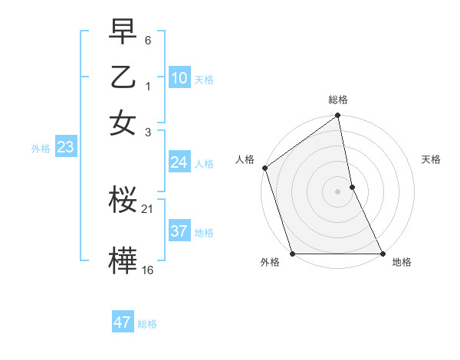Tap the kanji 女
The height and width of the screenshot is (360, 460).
pos(123,123)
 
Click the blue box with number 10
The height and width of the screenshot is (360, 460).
pos(179,78)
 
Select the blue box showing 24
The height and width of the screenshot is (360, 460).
pos(179,162)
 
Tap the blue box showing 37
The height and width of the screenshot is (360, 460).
pos(179,231)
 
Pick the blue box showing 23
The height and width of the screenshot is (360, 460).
pos(65,148)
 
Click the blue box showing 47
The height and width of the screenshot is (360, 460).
pos(123,322)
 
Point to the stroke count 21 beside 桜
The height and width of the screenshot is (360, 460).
pos(148,209)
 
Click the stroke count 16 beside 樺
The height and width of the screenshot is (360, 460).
pos(148,270)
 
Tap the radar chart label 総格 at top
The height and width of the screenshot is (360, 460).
pos(338,100)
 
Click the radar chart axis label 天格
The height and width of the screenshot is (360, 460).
pos(431,159)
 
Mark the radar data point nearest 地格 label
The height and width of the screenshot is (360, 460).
pos(382,254)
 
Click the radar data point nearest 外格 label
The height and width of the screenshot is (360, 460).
pos(293,254)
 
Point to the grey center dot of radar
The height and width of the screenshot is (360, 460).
pos(337,191)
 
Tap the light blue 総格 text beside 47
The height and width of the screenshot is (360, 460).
pos(147,324)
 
